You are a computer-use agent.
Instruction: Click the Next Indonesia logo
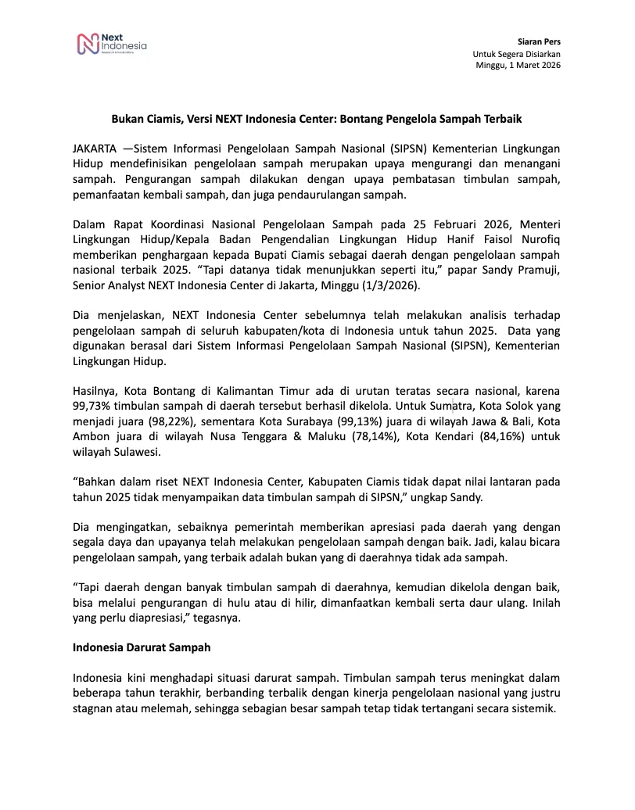point(111,44)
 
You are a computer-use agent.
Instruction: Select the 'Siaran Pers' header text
point(539,41)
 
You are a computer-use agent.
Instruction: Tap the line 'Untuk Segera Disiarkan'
point(516,53)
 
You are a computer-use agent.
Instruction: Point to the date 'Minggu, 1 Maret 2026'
point(518,65)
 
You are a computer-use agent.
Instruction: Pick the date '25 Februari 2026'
point(426,228)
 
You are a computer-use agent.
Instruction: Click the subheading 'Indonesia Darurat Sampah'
point(142,648)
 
